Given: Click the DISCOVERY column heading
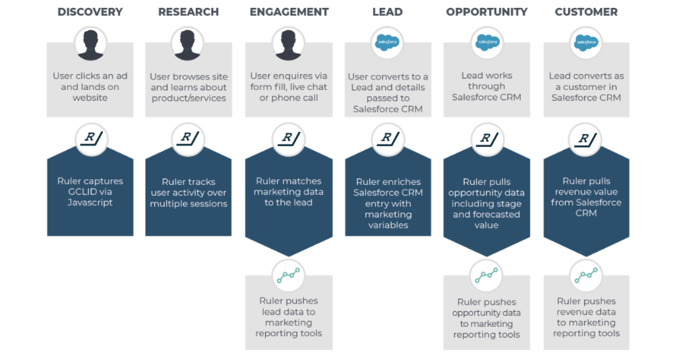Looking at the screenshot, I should (x=90, y=12).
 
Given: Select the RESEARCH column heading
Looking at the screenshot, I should (x=188, y=12).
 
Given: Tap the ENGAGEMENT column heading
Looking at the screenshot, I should (x=289, y=12).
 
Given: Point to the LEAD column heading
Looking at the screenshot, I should (x=387, y=12).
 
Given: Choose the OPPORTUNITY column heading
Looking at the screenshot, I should (x=486, y=12).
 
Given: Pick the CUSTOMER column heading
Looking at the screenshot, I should (x=586, y=12).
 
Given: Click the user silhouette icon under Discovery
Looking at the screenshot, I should (x=90, y=44).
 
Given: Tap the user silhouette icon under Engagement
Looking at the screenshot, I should (x=289, y=44).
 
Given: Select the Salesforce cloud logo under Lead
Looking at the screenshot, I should (x=387, y=42).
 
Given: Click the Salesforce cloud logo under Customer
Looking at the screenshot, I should (x=586, y=42).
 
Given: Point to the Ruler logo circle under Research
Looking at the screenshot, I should (x=188, y=139).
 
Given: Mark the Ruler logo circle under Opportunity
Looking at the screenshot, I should (x=486, y=139).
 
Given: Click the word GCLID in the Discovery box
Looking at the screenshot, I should (x=80, y=192).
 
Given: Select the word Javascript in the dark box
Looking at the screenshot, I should (x=90, y=203).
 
